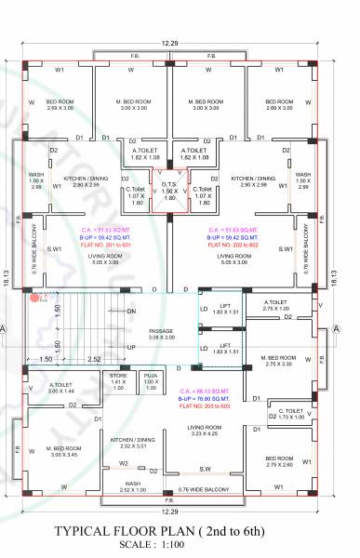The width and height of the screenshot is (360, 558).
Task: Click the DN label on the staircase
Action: point(131,311)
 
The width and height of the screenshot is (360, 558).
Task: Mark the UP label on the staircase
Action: point(131,346)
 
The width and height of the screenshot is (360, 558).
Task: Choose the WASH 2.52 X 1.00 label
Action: point(133,486)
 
